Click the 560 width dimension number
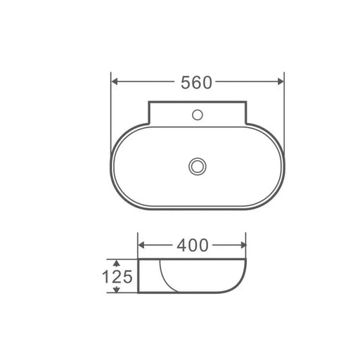pos(196,82)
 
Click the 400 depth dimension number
pos(193,245)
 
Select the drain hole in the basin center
pos(197,166)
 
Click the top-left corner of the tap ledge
pos(150,103)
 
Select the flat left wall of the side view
pos(139,276)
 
